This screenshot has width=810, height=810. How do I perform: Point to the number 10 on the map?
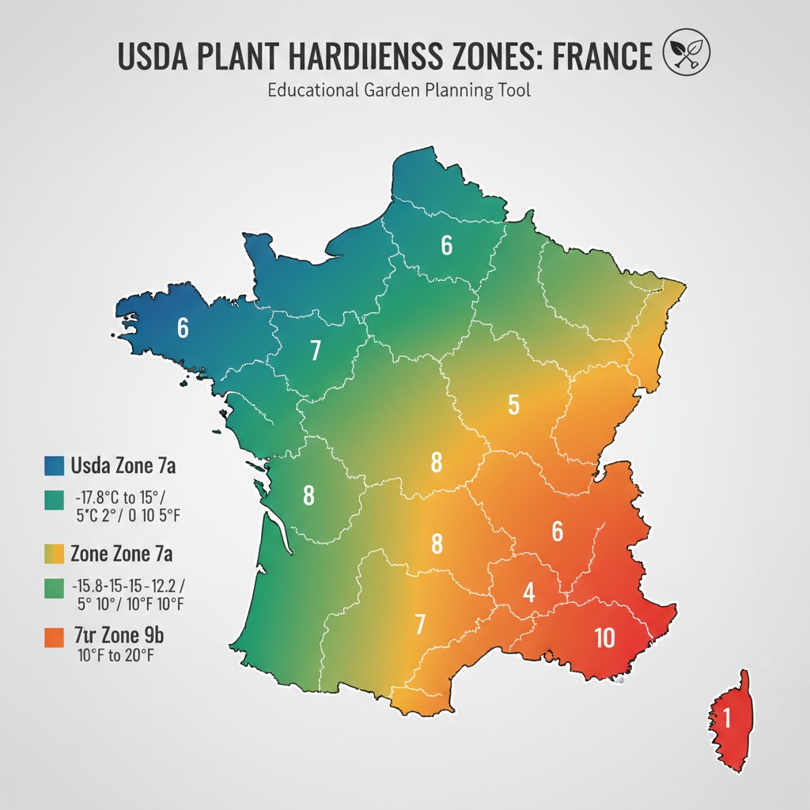(x=604, y=638)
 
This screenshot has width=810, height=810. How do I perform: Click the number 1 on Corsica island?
(x=726, y=718)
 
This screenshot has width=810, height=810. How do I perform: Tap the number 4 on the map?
(x=529, y=592)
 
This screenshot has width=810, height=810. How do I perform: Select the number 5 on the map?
(x=513, y=406)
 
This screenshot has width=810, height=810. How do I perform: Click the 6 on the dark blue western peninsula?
(x=183, y=327)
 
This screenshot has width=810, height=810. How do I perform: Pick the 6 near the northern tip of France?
(x=446, y=246)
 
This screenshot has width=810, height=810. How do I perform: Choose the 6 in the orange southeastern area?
(x=557, y=532)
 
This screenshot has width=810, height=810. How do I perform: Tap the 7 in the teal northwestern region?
(x=315, y=350)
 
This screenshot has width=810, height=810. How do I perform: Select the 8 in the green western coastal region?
(x=308, y=496)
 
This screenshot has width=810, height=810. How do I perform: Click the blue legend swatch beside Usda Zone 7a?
(x=53, y=465)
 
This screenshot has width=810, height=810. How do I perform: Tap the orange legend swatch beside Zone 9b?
(x=53, y=637)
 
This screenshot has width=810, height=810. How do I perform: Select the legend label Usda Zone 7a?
(x=123, y=465)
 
